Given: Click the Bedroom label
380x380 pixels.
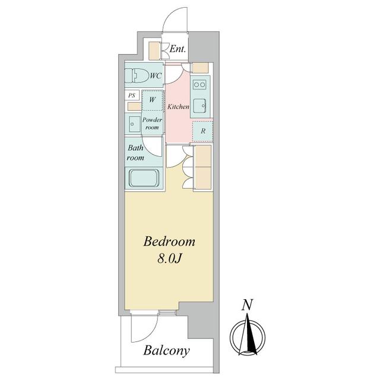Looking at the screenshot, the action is pyautogui.click(x=169, y=242).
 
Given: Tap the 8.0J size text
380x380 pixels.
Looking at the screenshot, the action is pyautogui.click(x=169, y=259).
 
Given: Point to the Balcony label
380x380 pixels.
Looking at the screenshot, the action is pyautogui.click(x=166, y=351).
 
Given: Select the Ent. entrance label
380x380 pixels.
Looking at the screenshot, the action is pyautogui.click(x=178, y=49).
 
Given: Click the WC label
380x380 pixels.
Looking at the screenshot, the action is pyautogui.click(x=156, y=76).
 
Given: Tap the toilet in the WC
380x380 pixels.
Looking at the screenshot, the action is pyautogui.click(x=137, y=75).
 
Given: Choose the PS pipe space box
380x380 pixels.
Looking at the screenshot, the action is pyautogui.click(x=132, y=95).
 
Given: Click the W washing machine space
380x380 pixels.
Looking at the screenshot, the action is pyautogui.click(x=152, y=100).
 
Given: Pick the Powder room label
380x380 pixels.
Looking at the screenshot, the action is pyautogui.click(x=152, y=123).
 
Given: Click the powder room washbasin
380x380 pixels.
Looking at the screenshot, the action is pyautogui.click(x=133, y=123).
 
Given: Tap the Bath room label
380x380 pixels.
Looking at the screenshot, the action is pyautogui.click(x=135, y=153).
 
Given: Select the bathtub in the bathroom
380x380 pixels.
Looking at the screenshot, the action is pyautogui.click(x=144, y=178).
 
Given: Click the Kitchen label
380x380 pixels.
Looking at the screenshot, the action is pyautogui.click(x=178, y=106).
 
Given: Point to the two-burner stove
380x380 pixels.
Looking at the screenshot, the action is pyautogui.click(x=199, y=85).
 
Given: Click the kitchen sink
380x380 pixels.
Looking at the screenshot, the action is pyautogui.click(x=200, y=106).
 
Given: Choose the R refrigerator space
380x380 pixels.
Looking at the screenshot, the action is pyautogui.click(x=203, y=131).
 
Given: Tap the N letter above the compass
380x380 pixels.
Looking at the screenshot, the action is pyautogui.click(x=247, y=305).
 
